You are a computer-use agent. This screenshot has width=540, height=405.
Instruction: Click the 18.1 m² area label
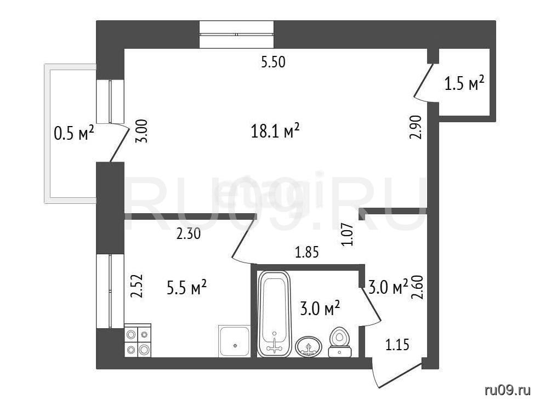point(275,132)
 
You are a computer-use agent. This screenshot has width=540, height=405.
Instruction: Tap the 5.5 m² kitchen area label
point(186,288)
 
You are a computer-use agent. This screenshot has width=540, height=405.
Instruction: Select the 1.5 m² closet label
point(464,84)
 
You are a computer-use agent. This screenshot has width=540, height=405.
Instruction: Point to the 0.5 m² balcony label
point(74,133)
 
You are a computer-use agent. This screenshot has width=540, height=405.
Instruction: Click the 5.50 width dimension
point(273,62)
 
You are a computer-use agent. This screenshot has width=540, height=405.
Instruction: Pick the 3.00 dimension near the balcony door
point(142,131)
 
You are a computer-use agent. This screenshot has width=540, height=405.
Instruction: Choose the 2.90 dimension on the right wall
point(416,127)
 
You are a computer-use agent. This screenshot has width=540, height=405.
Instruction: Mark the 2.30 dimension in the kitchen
point(188,235)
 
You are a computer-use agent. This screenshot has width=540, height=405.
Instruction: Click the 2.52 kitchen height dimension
point(137,286)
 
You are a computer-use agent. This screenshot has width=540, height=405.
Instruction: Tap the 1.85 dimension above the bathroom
point(307,253)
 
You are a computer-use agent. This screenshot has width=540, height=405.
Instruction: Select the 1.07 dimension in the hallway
point(347,235)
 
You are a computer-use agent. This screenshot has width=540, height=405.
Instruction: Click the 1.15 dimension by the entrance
point(397,344)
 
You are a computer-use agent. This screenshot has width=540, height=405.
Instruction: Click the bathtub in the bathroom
point(274,313)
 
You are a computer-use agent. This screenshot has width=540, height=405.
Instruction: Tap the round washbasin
point(309,346)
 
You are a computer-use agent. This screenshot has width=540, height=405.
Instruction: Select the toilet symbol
point(339,342)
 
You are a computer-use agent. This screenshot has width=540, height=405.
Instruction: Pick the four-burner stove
point(138,340)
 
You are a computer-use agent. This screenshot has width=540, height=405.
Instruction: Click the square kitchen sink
point(234,341)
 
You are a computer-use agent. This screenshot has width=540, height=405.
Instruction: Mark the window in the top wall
point(237,35)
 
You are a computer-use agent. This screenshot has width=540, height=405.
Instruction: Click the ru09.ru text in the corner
point(507,390)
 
